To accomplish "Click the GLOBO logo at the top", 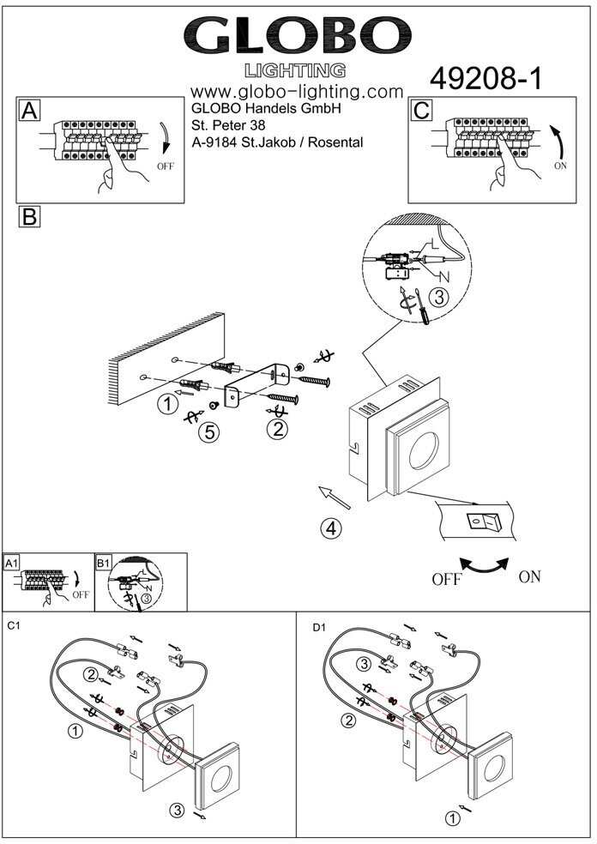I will pyautogui.click(x=298, y=37).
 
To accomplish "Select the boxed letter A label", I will pyautogui.click(x=29, y=111).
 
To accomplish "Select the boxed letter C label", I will pyautogui.click(x=422, y=111).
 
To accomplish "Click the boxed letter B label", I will pyautogui.click(x=29, y=216).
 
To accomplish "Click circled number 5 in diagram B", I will pyautogui.click(x=208, y=433).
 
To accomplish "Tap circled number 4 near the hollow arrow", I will pyautogui.click(x=332, y=528).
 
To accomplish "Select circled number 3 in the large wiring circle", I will pyautogui.click(x=437, y=298).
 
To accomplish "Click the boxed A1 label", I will pyautogui.click(x=12, y=563).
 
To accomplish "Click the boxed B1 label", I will pyautogui.click(x=104, y=563).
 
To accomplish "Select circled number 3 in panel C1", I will pyautogui.click(x=178, y=810).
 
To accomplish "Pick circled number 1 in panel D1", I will pyautogui.click(x=452, y=818).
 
